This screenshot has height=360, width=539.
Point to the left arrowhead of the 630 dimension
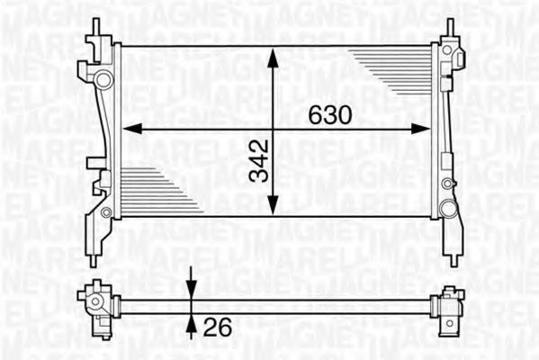click(x=129, y=129)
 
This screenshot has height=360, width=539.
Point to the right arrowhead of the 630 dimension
click(x=423, y=129)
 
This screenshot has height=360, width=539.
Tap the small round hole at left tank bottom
click(x=106, y=212)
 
